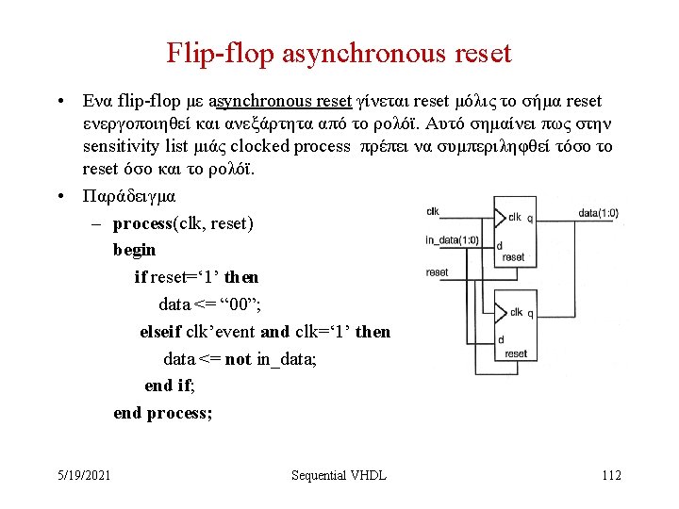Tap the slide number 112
click(x=611, y=475)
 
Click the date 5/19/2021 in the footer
click(x=82, y=475)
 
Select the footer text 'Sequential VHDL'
click(x=339, y=475)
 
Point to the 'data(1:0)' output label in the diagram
click(x=598, y=214)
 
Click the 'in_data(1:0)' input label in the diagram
click(x=452, y=239)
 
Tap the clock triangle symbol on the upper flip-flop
click(x=501, y=217)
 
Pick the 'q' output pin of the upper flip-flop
click(x=529, y=217)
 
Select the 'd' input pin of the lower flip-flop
click(x=501, y=339)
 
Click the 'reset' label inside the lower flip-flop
click(x=516, y=354)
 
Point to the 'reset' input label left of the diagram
click(x=437, y=272)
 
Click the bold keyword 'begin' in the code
click(x=134, y=251)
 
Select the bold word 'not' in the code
click(x=239, y=359)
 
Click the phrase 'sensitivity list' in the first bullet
click(x=135, y=146)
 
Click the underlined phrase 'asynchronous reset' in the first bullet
click(x=280, y=101)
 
